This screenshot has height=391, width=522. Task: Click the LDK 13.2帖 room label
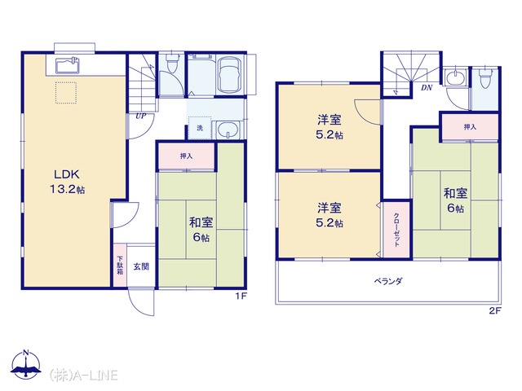[x=67, y=182]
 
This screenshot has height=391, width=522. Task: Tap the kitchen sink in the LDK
[x=67, y=65]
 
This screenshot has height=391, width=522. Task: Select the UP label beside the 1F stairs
[x=141, y=116]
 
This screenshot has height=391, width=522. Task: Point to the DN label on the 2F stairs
[x=427, y=88]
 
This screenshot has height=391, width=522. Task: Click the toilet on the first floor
[x=172, y=64]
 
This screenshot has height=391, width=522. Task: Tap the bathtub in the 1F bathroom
[x=230, y=76]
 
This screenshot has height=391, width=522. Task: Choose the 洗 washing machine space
[x=200, y=128]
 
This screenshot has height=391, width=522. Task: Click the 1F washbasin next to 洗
[x=228, y=130]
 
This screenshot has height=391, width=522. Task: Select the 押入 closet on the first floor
[x=187, y=156]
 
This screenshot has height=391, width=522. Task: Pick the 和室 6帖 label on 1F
[x=201, y=230]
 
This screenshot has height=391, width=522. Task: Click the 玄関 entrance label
[x=141, y=266]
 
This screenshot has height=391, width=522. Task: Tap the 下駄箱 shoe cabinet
[x=120, y=265]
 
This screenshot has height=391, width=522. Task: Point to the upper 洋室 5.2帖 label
[x=330, y=127]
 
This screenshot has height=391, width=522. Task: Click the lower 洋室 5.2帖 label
[x=330, y=215]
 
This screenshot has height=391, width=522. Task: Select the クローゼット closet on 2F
[x=396, y=230]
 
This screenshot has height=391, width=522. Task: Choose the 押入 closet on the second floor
[x=470, y=127]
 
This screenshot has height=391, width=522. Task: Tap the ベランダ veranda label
[x=388, y=281]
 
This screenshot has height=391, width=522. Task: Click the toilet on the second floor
[x=485, y=78]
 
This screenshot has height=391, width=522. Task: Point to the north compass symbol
[x=26, y=364]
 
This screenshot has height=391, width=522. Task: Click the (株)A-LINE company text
[x=83, y=375]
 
